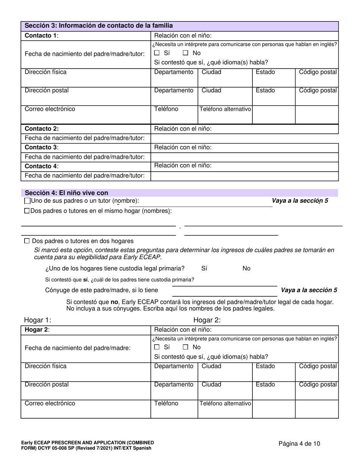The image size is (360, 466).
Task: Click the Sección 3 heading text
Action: pyautogui.click(x=99, y=26)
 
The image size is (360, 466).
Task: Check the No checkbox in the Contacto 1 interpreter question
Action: pyautogui.click(x=186, y=53)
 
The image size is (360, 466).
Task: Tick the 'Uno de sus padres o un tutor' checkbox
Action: pyautogui.click(x=27, y=201)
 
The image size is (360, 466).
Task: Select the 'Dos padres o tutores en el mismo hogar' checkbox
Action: pyautogui.click(x=27, y=211)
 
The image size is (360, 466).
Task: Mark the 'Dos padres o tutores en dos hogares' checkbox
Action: pyautogui.click(x=27, y=241)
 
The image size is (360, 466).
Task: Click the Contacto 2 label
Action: pyautogui.click(x=42, y=129)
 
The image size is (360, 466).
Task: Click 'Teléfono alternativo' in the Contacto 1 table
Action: pyautogui.click(x=225, y=109)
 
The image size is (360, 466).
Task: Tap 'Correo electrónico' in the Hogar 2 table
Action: pyautogui.click(x=50, y=403)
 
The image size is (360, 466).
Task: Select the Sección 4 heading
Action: pyautogui.click(x=66, y=193)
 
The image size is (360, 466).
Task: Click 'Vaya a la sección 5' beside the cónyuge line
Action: pyautogui.click(x=309, y=290)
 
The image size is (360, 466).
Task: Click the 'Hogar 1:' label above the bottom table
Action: pyautogui.click(x=38, y=320)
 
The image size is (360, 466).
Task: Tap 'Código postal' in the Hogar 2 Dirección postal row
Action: pyautogui.click(x=318, y=385)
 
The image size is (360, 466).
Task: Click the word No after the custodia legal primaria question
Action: pyautogui.click(x=246, y=269)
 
